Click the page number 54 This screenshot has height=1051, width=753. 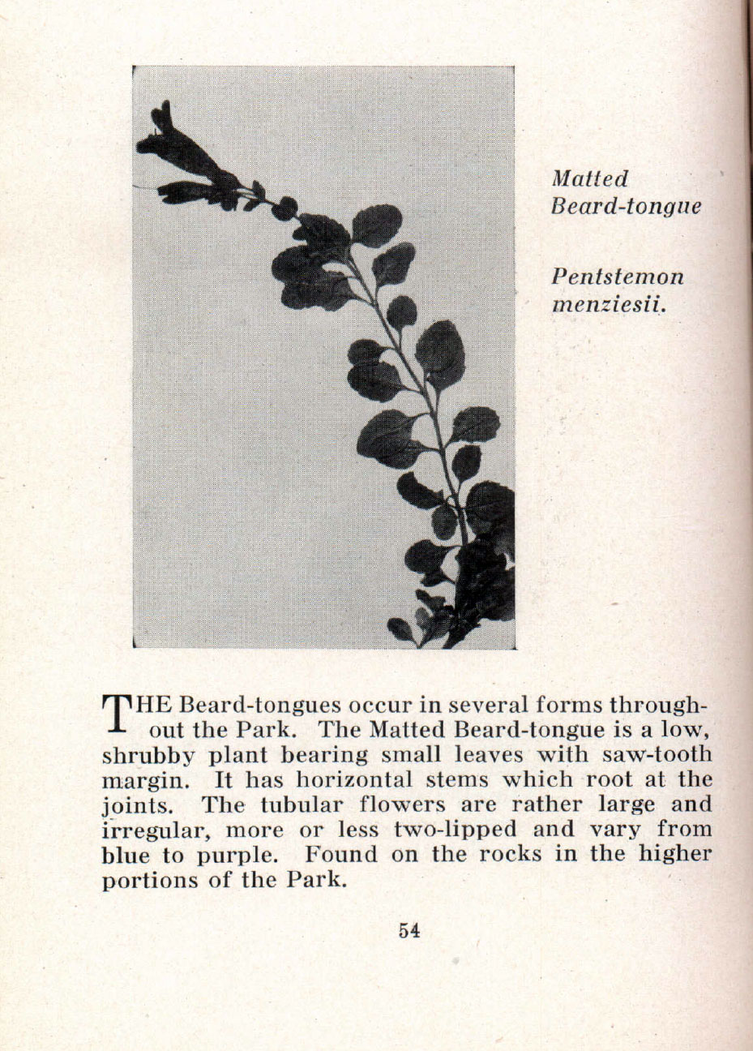(409, 931)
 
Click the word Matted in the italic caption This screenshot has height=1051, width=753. (589, 178)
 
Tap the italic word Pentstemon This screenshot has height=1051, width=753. (617, 277)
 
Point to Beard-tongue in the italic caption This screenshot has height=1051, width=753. (625, 205)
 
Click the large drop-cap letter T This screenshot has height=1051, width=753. (117, 711)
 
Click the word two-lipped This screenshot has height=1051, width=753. (455, 830)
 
